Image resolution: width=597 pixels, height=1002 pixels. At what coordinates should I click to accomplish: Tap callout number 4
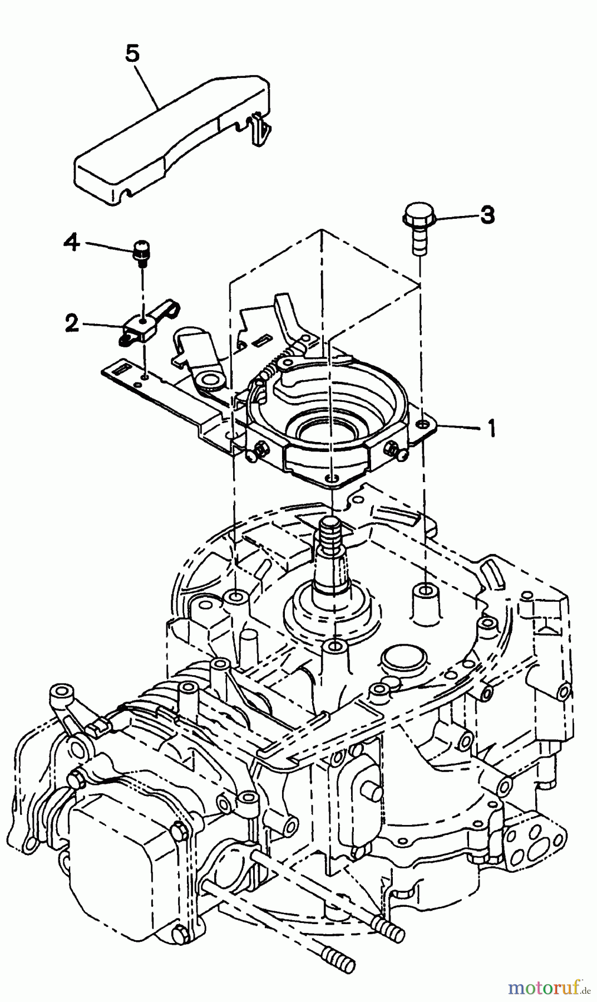point(71,242)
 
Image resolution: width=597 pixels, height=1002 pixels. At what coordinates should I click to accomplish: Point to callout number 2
point(71,323)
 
